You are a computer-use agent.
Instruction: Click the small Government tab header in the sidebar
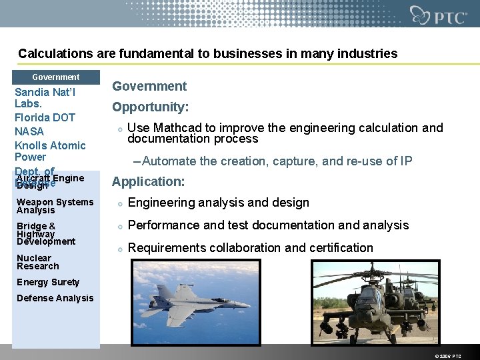[x=56, y=77]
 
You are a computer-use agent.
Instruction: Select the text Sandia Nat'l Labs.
[x=45, y=98]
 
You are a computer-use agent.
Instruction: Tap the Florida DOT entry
[x=45, y=117]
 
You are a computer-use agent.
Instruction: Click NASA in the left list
[x=29, y=131]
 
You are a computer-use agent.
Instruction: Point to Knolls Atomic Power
[x=50, y=151]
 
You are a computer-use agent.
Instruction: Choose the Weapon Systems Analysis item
[x=55, y=206]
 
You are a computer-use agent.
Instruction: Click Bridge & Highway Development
[x=46, y=234]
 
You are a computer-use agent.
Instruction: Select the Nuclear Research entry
[x=38, y=262]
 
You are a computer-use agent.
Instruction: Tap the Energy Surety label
[x=48, y=282]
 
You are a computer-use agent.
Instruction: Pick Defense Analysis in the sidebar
[x=55, y=298]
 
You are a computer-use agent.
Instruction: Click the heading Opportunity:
[x=150, y=107]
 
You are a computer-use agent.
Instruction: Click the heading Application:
[x=147, y=182]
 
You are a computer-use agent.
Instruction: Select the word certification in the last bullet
[x=338, y=248]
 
